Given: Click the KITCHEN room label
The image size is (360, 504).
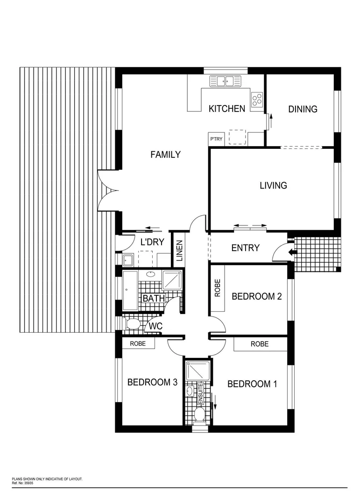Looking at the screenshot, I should point(226,109).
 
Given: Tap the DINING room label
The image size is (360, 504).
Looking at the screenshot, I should point(303,109).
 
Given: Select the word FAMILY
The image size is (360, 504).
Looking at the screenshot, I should point(165,154).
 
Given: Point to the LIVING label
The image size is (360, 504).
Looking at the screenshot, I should point(273,185).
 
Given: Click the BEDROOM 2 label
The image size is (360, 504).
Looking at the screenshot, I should point(256,296).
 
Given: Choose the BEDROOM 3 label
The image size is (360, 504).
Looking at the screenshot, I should point(152,382).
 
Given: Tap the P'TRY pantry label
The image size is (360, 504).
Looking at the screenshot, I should point(216,139).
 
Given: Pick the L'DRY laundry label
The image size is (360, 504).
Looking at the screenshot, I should point(151,242).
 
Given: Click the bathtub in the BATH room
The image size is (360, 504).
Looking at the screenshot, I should point(130,290).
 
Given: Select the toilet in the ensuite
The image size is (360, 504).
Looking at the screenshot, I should point(198,414).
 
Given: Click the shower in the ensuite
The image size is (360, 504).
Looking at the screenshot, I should point(195,371).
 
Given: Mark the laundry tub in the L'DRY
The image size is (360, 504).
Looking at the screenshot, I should point(128,259).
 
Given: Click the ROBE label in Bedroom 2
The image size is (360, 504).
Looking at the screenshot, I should point(217,288).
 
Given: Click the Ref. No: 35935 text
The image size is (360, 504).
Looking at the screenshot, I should point(22,483).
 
